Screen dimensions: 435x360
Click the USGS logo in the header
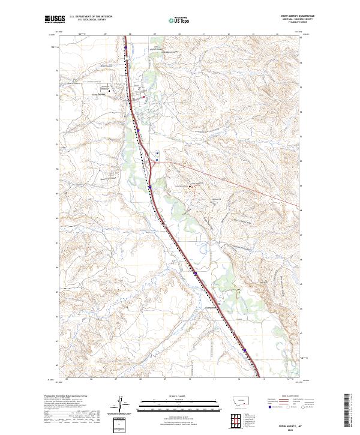54,20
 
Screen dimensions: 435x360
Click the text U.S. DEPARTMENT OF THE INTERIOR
91,17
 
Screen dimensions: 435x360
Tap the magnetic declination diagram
120,404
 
